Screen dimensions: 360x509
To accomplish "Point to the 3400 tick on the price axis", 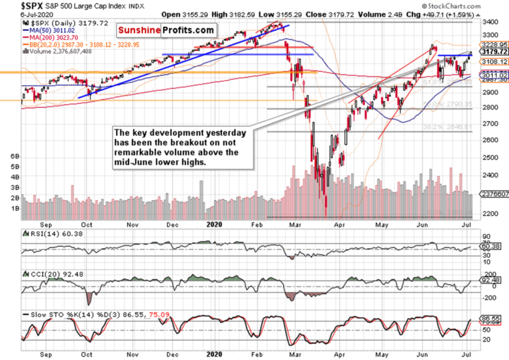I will [x=488, y=22].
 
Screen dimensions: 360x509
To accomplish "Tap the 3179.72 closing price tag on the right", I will [x=493, y=52].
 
